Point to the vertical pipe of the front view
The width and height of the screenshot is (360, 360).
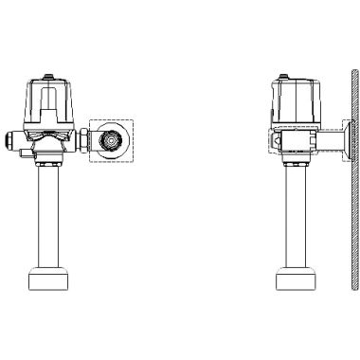pyautogui.click(x=45, y=218)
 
